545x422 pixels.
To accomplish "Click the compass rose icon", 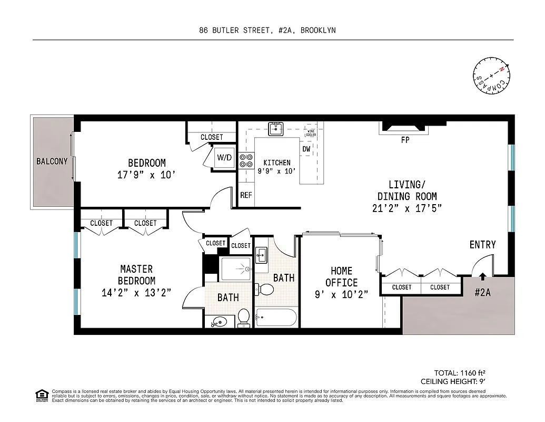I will (x=492, y=77).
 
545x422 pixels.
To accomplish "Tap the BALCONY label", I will (x=52, y=161).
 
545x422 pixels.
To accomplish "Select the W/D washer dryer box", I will (x=224, y=158).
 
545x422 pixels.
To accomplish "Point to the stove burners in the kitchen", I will (x=246, y=160).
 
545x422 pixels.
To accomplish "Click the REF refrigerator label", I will (x=246, y=195).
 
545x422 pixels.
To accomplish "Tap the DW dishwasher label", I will (x=306, y=149).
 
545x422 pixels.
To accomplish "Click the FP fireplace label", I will (x=405, y=140).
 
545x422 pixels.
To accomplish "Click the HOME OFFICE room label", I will (x=341, y=276).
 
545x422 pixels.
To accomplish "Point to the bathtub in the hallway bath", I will (x=276, y=318).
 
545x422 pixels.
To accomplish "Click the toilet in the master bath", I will (x=244, y=316).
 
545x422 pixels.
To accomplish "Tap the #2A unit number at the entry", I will (x=482, y=293).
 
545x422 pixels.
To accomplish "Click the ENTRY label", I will (x=482, y=245).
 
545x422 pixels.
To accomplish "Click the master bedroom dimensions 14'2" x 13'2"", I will (x=136, y=293).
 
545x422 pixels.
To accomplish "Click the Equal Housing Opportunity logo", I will (x=42, y=395).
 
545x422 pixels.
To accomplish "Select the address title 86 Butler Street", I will (x=267, y=30).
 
